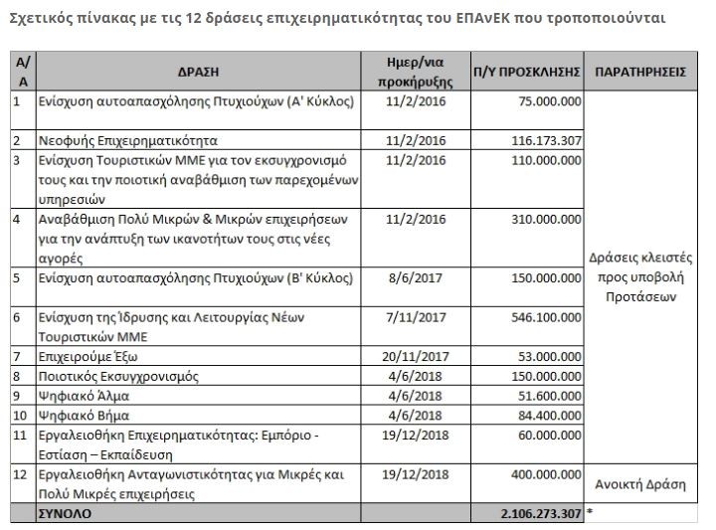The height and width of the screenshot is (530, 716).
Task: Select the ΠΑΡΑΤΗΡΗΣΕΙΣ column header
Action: pyautogui.click(x=640, y=73)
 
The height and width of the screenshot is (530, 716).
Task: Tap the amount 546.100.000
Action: pyautogui.click(x=545, y=316)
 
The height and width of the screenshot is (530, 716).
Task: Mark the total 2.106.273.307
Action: pyautogui.click(x=540, y=513)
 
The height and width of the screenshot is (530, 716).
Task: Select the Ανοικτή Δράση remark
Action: pyautogui.click(x=640, y=484)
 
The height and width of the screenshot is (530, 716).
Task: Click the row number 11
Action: pyautogui.click(x=17, y=435)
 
